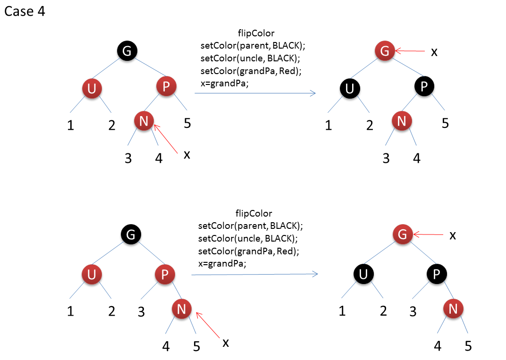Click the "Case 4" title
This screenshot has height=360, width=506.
click(25, 11)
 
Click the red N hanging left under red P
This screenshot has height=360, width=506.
click(144, 121)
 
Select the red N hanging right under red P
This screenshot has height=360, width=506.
click(182, 309)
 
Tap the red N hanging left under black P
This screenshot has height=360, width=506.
click(402, 121)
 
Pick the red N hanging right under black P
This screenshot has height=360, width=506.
click(453, 309)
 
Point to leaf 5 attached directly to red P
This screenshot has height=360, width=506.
click(187, 124)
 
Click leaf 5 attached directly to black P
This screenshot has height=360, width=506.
click(445, 124)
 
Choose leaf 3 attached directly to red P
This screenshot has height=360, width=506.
click(141, 312)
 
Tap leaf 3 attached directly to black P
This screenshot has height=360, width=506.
click(413, 312)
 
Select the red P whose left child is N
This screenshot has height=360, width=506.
click(166, 86)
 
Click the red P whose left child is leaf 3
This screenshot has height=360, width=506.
click(165, 275)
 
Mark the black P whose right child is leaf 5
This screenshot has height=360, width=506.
click(424, 86)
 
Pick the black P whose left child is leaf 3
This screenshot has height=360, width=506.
click(437, 275)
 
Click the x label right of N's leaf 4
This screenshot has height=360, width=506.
click(187, 154)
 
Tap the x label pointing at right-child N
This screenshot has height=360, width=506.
click(226, 342)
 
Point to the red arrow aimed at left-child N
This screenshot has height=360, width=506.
click(165, 139)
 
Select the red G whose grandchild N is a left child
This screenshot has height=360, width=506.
click(385, 51)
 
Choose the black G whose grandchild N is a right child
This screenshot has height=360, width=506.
click(131, 234)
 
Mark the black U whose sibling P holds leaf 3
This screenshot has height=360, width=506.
click(363, 275)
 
